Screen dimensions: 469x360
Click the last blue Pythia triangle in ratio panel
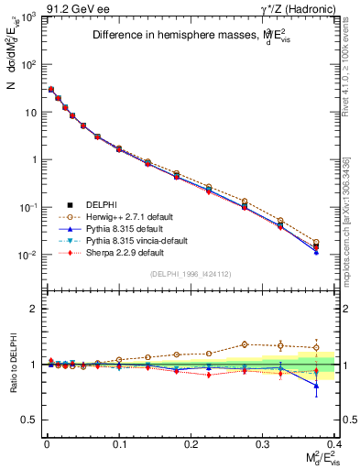317,386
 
